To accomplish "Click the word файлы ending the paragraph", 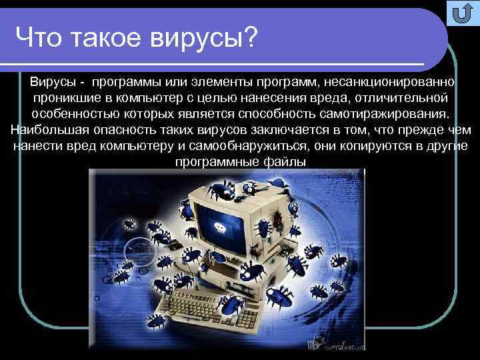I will click(285, 162).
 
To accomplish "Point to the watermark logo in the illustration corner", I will click(333, 343).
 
